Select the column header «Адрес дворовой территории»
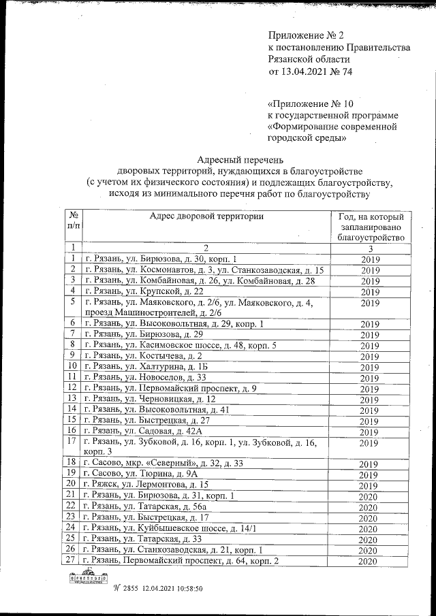coord(206,216)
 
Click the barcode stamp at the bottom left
coord(89,579)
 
